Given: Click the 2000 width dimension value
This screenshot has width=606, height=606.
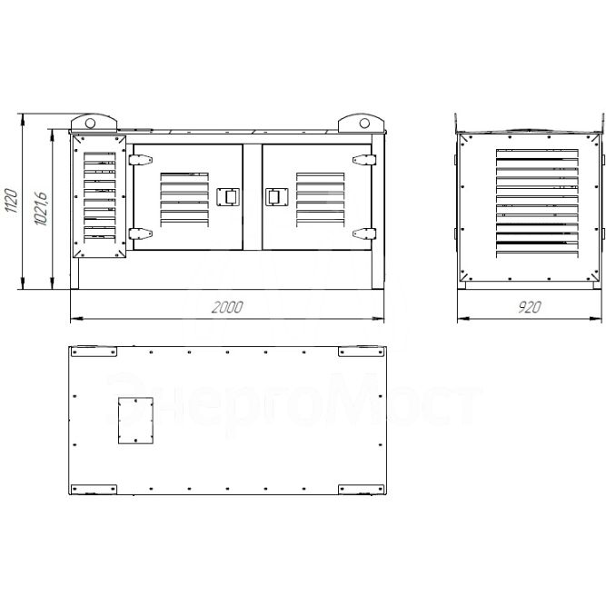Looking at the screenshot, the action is (x=227, y=307).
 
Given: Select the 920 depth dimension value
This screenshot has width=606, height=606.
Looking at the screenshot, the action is (x=530, y=307).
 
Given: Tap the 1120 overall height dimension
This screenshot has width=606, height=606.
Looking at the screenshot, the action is (x=11, y=200).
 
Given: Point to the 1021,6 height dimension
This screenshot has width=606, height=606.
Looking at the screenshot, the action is (x=41, y=208).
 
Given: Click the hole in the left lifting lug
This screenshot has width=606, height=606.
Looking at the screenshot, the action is (x=90, y=124).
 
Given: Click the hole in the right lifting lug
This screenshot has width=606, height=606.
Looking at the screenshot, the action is (x=364, y=124).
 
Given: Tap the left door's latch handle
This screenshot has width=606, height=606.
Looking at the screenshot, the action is (x=228, y=197).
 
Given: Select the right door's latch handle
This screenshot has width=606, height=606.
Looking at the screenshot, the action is (x=277, y=197).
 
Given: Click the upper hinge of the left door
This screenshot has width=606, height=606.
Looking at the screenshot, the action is (x=140, y=160).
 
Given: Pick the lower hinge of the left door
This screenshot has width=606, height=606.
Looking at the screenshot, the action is (x=140, y=233).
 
